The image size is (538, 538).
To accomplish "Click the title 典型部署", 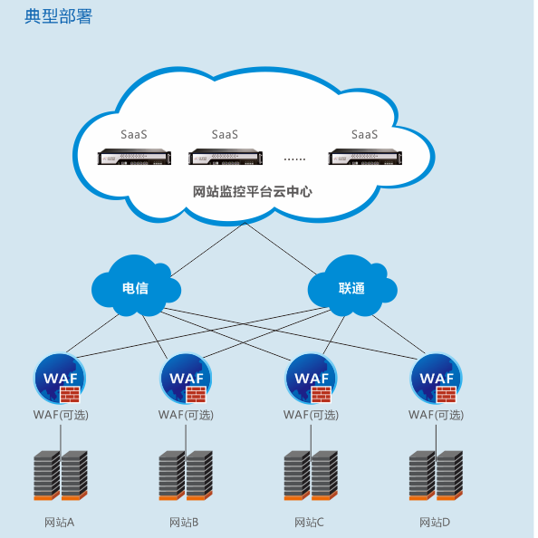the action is pyautogui.click(x=58, y=16).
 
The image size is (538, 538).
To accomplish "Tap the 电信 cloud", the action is pyautogui.click(x=136, y=286).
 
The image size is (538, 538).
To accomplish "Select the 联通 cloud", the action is pyautogui.click(x=352, y=286).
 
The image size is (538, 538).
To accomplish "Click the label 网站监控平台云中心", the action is pyautogui.click(x=252, y=191).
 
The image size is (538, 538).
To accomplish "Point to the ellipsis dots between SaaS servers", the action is pyautogui.click(x=294, y=159).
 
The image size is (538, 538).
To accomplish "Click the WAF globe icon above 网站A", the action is pyautogui.click(x=60, y=379).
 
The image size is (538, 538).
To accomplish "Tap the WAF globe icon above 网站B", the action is pyautogui.click(x=186, y=379).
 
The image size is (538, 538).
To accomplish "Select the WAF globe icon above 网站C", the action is pyautogui.click(x=312, y=379).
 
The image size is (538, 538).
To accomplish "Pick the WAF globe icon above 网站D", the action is pyautogui.click(x=437, y=379).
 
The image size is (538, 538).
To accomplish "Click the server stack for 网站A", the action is pyautogui.click(x=61, y=476).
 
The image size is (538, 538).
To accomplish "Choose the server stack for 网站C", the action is pyautogui.click(x=311, y=476).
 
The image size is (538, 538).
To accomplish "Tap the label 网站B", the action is pyautogui.click(x=184, y=523).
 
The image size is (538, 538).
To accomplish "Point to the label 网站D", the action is pyautogui.click(x=435, y=523).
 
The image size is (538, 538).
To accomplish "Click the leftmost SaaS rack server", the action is pyautogui.click(x=134, y=157).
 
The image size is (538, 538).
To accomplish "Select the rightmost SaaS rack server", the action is pyautogui.click(x=365, y=157).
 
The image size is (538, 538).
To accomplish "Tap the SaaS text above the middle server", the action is pyautogui.click(x=225, y=134).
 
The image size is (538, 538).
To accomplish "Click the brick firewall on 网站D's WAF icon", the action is pyautogui.click(x=447, y=394).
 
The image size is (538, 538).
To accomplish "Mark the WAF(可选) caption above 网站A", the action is pyautogui.click(x=61, y=415).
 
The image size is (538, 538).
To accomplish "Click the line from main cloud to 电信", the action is pyautogui.click(x=207, y=249).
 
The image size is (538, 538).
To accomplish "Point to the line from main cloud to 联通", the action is pyautogui.click(x=281, y=249).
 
